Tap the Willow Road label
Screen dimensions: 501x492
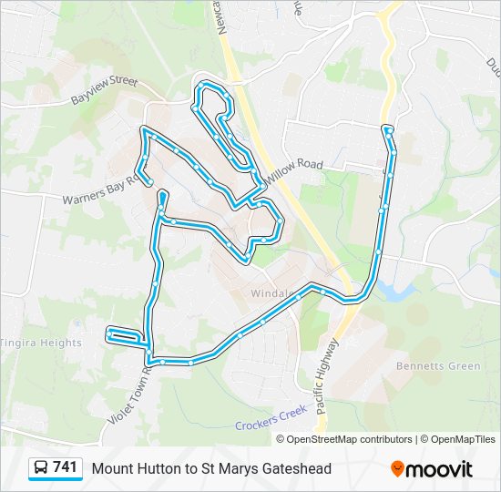pyautogui.click(x=296, y=169)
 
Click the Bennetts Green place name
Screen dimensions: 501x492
pyautogui.click(x=437, y=366)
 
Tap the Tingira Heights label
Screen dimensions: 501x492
pyautogui.click(x=41, y=343)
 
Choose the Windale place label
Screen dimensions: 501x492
pyautogui.click(x=271, y=294)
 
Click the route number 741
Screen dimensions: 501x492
pyautogui.click(x=65, y=467)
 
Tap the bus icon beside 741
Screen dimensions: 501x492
pyautogui.click(x=42, y=468)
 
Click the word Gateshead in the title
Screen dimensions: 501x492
pyautogui.click(x=295, y=468)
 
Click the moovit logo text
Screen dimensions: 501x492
pyautogui.click(x=440, y=469)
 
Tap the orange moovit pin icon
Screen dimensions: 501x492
pyautogui.click(x=398, y=468)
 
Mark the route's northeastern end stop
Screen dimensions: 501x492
pyautogui.click(x=388, y=130)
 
